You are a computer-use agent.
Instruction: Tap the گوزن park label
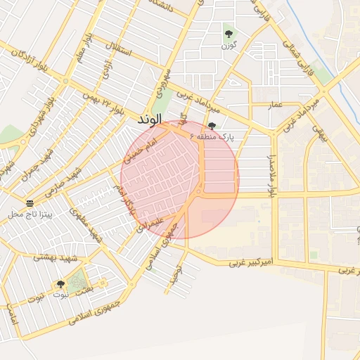coord(227,45)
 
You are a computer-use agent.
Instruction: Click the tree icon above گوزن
coord(228,33)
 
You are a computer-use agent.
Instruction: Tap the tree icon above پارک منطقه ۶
coord(212,125)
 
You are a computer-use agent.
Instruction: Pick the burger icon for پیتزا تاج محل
coord(30,202)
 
